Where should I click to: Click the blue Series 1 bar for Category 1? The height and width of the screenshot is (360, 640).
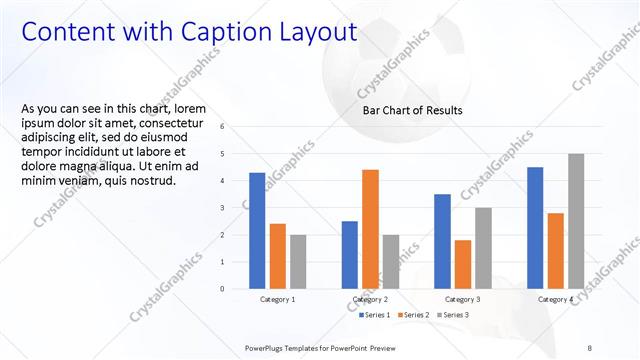click(257, 230)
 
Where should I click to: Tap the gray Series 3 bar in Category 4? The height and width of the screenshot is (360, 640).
click(576, 221)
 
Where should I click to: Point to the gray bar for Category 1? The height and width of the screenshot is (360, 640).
click(298, 261)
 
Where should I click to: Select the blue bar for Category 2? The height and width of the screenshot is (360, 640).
click(350, 254)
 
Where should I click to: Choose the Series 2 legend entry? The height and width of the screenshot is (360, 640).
click(413, 316)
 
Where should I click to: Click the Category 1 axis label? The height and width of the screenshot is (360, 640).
click(277, 299)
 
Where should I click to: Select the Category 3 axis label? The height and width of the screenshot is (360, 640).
click(462, 299)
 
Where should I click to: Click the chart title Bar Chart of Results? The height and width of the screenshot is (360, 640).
click(412, 110)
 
